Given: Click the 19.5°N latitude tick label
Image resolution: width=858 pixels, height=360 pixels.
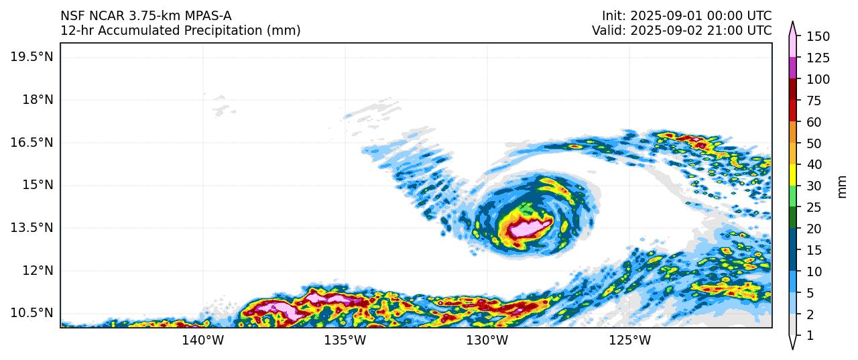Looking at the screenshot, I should tap(32, 56).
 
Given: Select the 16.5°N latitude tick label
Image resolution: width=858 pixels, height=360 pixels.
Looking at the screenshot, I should tap(32, 142).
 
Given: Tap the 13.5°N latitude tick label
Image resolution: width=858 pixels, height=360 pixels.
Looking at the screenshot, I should tap(32, 227).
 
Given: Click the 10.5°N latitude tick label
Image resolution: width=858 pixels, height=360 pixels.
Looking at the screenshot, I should tap(32, 313).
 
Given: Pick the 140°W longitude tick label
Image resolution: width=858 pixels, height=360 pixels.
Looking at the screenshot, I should tap(204, 341).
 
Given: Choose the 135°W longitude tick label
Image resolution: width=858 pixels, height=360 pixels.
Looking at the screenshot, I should tap(346, 341).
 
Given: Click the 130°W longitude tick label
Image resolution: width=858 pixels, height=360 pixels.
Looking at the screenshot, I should tap(488, 341).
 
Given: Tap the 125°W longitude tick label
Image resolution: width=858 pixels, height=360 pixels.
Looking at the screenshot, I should tap(630, 341).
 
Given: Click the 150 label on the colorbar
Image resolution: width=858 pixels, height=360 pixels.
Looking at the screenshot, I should tap(818, 36).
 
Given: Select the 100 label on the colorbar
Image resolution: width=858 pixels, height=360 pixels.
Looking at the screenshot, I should tap(818, 79).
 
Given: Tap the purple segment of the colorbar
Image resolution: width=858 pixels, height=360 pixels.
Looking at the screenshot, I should tap(792, 68).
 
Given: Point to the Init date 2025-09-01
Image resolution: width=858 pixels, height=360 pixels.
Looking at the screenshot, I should tap(662, 15).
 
